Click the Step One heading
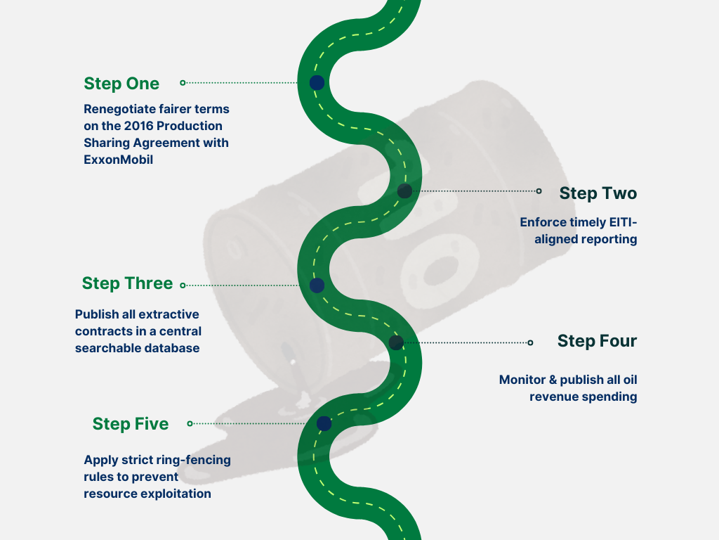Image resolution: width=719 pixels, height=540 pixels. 121,84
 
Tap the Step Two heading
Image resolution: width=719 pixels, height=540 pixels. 598,193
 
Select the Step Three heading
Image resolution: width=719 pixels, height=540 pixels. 127,283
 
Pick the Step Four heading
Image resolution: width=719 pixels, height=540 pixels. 597,341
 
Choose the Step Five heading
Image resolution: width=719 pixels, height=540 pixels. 131,424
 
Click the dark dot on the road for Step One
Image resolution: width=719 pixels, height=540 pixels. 317,82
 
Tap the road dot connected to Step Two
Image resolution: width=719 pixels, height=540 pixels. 404,191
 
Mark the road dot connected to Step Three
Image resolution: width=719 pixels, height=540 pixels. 317,285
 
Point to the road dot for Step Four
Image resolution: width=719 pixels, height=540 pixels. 396,342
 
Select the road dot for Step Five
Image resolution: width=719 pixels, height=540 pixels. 324,423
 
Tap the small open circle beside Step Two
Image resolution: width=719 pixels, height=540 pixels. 539,191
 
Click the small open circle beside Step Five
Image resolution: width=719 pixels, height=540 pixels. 190,423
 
